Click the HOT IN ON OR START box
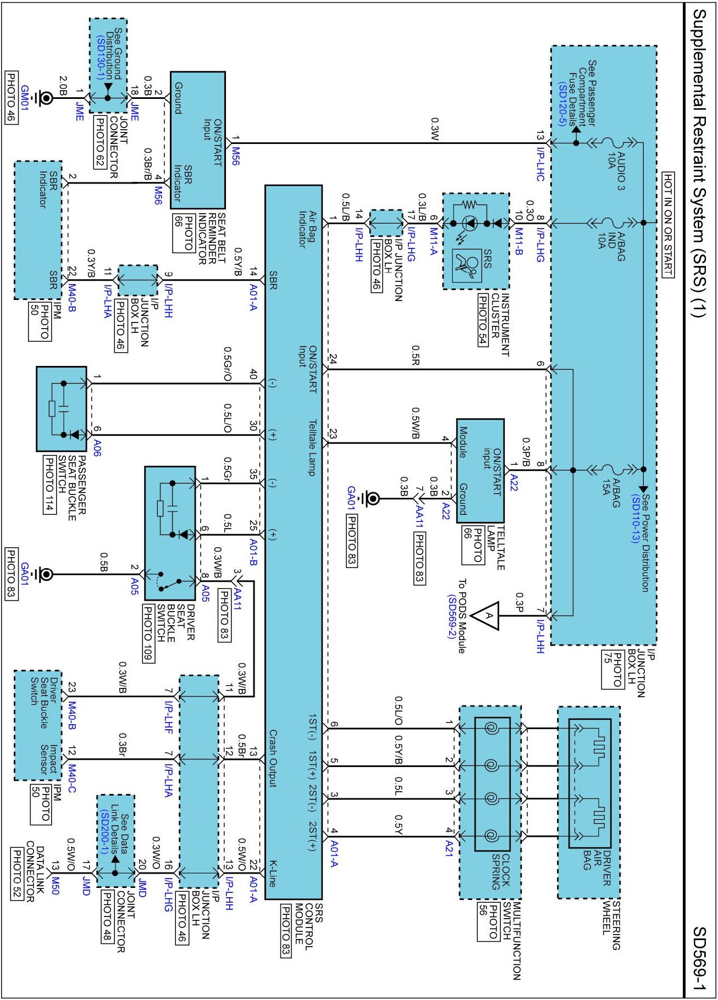[x=667, y=224]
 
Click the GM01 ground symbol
[x=46, y=98]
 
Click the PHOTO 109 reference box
[x=148, y=634]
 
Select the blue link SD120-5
[x=561, y=104]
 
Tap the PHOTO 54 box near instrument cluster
[x=482, y=319]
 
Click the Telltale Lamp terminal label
[x=312, y=447]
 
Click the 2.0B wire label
[x=63, y=86]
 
